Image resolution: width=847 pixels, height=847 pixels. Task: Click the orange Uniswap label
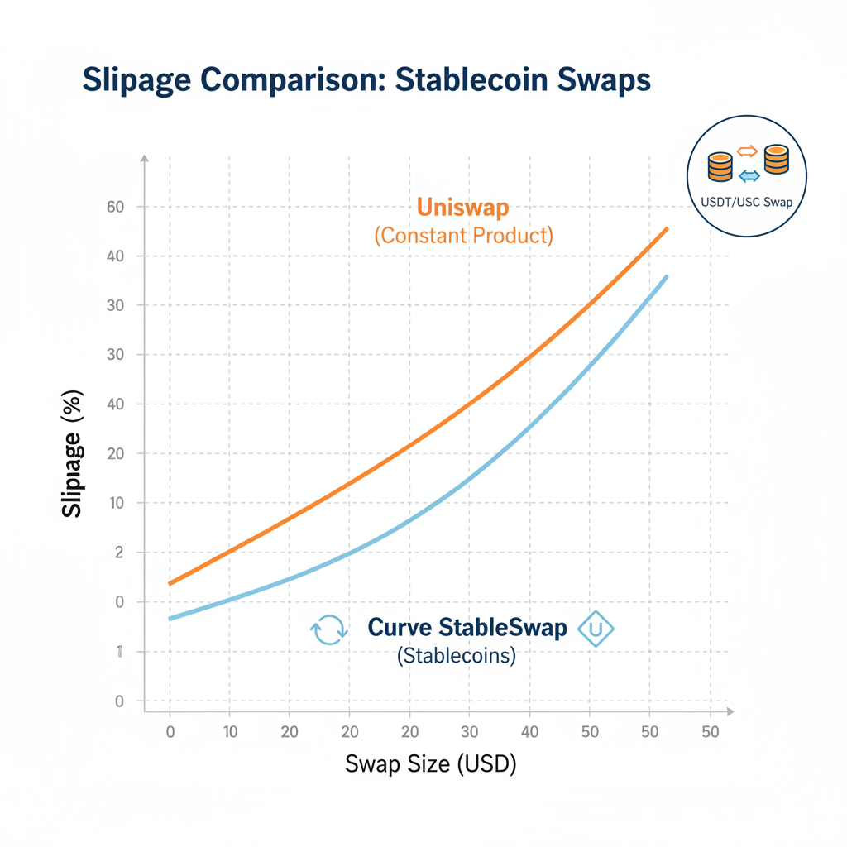pyautogui.click(x=464, y=208)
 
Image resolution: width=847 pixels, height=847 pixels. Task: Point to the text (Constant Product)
pyautogui.click(x=464, y=235)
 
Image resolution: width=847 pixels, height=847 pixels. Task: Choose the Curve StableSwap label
pyautogui.click(x=467, y=628)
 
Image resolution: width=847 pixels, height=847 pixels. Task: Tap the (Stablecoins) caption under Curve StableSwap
pyautogui.click(x=457, y=656)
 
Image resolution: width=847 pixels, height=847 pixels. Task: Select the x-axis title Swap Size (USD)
pyautogui.click(x=430, y=763)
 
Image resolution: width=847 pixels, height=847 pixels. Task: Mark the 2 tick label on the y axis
pyautogui.click(x=119, y=553)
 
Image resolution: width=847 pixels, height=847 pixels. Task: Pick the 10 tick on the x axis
pyautogui.click(x=229, y=731)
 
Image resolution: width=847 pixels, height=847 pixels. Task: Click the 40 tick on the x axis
pyautogui.click(x=530, y=731)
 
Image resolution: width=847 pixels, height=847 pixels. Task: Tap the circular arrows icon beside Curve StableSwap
pyautogui.click(x=328, y=630)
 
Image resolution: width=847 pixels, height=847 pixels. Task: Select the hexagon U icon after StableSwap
pyautogui.click(x=596, y=629)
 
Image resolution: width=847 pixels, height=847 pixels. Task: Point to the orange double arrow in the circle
pyautogui.click(x=747, y=151)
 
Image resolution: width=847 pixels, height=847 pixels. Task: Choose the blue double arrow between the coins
pyautogui.click(x=749, y=175)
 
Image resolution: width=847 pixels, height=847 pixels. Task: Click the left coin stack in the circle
pyautogui.click(x=720, y=166)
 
